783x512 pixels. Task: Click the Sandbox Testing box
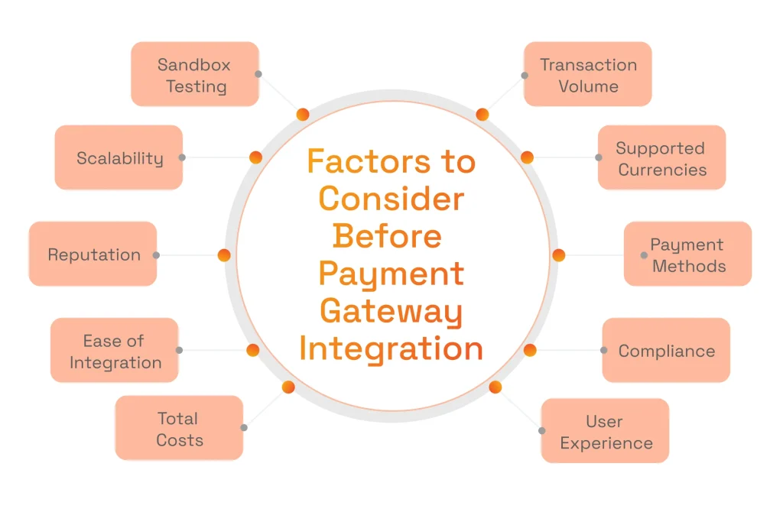194,75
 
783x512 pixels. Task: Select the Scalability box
119,158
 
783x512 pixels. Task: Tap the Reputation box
93,254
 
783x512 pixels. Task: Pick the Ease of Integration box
115,351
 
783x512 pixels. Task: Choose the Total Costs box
179,428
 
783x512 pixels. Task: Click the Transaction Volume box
587,75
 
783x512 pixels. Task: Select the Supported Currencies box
661,158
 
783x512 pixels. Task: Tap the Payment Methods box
687,254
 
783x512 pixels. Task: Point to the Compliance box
666,351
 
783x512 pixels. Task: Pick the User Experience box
605,431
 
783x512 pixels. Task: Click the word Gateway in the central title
391,311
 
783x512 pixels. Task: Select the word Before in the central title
387,236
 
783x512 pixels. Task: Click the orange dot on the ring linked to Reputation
224,255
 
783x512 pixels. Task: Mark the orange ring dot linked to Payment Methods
558,255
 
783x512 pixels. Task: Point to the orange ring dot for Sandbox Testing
302,115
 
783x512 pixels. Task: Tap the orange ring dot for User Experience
495,387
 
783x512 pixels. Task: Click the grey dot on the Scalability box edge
182,157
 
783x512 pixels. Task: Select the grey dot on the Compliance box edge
603,350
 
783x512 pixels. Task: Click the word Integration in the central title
391,348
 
